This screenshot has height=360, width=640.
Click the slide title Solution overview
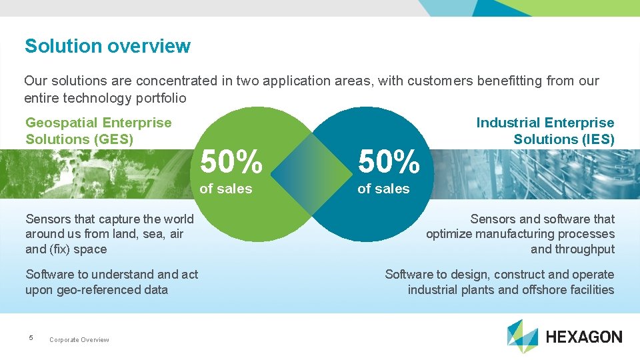click(x=107, y=46)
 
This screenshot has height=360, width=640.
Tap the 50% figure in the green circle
click(x=231, y=162)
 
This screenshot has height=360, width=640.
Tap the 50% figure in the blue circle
click(x=389, y=162)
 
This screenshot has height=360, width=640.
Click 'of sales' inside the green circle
click(x=226, y=189)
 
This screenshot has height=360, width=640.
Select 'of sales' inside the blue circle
click(x=383, y=189)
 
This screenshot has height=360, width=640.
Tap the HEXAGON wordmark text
click(x=584, y=337)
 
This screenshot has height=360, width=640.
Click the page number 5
click(x=31, y=339)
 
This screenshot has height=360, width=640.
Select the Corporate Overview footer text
click(x=79, y=340)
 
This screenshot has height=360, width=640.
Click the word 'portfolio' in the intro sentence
click(x=161, y=98)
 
